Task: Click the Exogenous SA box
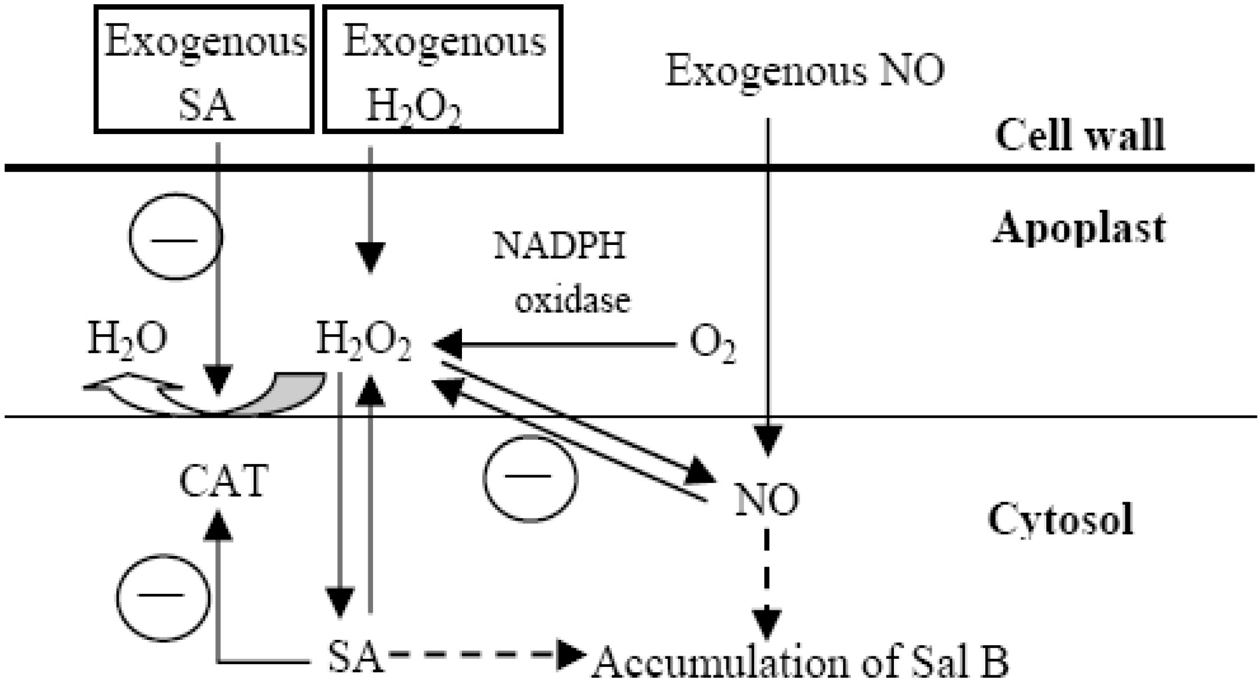[204, 70]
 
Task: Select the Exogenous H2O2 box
[443, 70]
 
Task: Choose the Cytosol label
[1060, 519]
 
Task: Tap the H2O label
[127, 339]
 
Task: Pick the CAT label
[224, 481]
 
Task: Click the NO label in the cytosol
[766, 499]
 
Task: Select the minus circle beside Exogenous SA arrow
[175, 236]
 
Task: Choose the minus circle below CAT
[162, 596]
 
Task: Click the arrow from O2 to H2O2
[555, 344]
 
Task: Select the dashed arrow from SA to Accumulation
[484, 655]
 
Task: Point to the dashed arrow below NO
[766, 584]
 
